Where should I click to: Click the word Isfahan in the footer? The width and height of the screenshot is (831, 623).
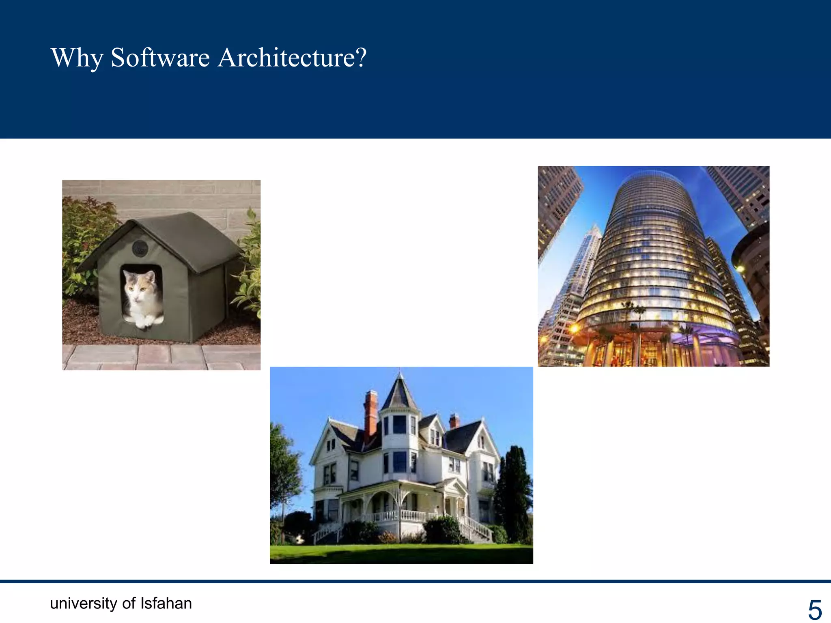point(166,603)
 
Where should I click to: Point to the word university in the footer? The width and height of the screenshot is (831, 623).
point(83,604)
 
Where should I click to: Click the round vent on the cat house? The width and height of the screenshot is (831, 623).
point(140,248)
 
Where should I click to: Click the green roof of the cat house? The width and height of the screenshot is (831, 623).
point(187,235)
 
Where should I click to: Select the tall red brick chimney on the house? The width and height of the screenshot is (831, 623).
point(370,418)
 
